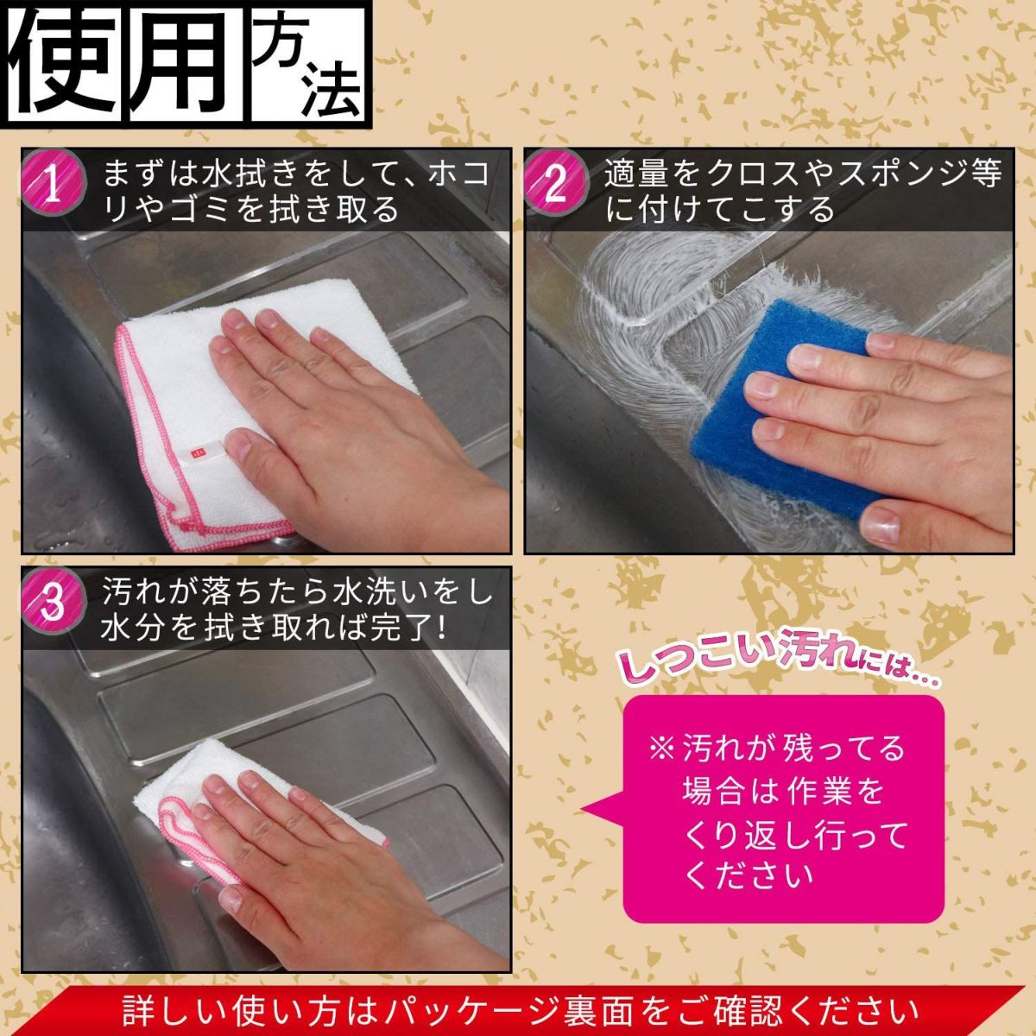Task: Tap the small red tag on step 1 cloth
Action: (195, 451)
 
